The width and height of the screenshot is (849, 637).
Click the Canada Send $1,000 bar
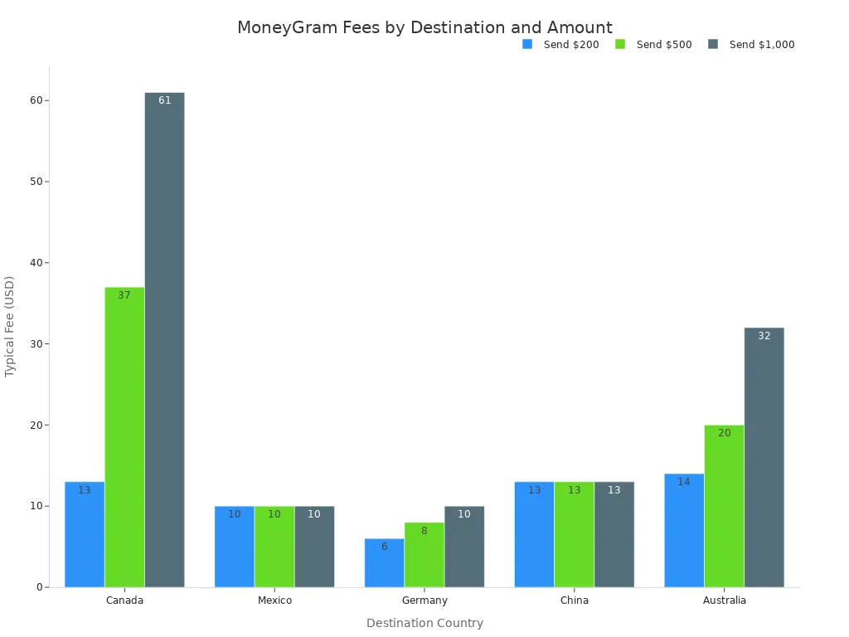tap(164, 340)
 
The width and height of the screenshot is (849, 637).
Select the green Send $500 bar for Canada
tap(124, 437)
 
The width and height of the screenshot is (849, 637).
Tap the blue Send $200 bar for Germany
tap(384, 563)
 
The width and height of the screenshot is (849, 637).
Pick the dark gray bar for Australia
tap(764, 457)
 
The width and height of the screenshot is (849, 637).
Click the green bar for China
tap(574, 534)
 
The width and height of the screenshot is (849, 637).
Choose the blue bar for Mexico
tap(234, 547)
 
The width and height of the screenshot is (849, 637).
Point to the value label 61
tap(164, 100)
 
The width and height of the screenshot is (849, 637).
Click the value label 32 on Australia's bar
tap(764, 336)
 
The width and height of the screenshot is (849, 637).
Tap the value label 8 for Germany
tap(424, 531)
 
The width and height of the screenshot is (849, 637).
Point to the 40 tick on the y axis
tap(36, 263)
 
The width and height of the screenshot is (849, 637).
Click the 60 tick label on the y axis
tap(36, 100)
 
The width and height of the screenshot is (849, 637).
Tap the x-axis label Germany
tap(424, 601)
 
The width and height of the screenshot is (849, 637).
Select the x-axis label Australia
tap(724, 601)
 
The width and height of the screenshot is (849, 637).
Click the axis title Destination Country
tap(424, 623)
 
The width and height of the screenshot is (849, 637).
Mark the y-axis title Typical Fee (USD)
tap(10, 327)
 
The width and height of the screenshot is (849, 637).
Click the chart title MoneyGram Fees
tap(424, 27)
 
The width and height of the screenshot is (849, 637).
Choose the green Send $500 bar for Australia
tap(724, 506)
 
